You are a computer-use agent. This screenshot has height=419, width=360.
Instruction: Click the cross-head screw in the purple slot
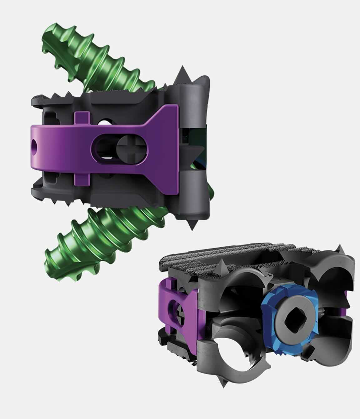pyautogui.click(x=127, y=146)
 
